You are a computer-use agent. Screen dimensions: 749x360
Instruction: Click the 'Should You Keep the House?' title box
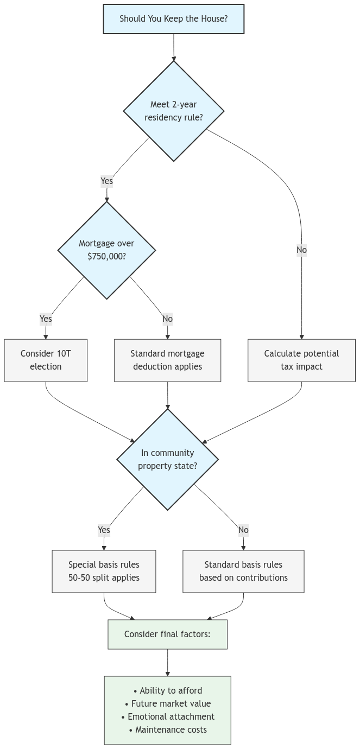(x=173, y=18)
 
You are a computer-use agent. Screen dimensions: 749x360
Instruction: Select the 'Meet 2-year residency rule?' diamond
(x=173, y=111)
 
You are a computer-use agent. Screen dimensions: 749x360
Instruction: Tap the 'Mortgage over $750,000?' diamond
(x=106, y=250)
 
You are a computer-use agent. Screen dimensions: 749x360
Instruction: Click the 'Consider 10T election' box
(x=46, y=360)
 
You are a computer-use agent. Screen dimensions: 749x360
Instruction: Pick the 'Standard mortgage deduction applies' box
(x=167, y=360)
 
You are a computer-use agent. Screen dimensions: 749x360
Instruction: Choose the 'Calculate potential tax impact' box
(x=301, y=360)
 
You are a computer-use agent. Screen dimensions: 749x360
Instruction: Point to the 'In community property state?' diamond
(x=167, y=459)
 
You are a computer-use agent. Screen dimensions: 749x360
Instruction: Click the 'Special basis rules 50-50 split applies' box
(x=104, y=571)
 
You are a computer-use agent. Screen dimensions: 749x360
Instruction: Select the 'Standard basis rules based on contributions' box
(x=243, y=571)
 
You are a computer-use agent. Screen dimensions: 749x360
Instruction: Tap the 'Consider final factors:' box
(x=167, y=634)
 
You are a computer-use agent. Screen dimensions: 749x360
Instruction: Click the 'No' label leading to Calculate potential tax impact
(x=301, y=250)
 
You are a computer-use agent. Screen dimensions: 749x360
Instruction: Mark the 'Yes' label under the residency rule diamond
(x=107, y=181)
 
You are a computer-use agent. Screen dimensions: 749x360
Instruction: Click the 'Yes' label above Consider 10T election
(x=46, y=319)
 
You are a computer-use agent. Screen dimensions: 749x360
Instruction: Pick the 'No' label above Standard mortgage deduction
(x=167, y=319)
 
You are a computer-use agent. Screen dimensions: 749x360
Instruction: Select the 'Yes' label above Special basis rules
(x=104, y=530)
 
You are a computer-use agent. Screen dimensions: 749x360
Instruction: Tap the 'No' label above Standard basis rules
(x=243, y=530)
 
